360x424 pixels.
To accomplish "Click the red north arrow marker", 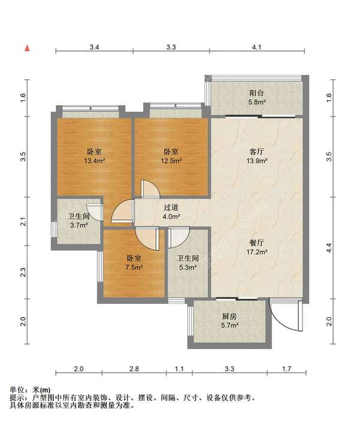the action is pyautogui.click(x=27, y=49).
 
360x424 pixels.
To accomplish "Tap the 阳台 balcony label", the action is pyautogui.click(x=256, y=93).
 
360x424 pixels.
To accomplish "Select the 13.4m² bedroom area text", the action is pyautogui.click(x=95, y=161).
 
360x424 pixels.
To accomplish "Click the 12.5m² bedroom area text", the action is pyautogui.click(x=171, y=161).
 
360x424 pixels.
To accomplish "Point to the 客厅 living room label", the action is pyautogui.click(x=257, y=151).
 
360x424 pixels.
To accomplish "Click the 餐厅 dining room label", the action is pyautogui.click(x=257, y=243).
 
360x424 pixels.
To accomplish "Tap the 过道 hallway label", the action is pyautogui.click(x=171, y=207).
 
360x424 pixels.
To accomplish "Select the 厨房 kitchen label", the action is pyautogui.click(x=230, y=316).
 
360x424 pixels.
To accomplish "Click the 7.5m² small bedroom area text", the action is pyautogui.click(x=134, y=267).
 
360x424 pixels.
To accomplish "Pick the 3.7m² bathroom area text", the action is pyautogui.click(x=79, y=225).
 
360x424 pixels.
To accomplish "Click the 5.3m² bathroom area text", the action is pyautogui.click(x=188, y=267).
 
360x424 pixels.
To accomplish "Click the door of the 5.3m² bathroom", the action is pyautogui.click(x=179, y=238).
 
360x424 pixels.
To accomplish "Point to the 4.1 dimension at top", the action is pyautogui.click(x=257, y=47).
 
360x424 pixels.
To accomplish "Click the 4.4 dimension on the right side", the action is pyautogui.click(x=329, y=247).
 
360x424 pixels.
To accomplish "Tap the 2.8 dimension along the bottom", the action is pyautogui.click(x=134, y=369).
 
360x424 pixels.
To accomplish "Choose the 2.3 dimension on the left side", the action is pyautogui.click(x=23, y=272).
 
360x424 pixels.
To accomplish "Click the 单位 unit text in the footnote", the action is pyautogui.click(x=17, y=390).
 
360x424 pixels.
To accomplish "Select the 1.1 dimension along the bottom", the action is pyautogui.click(x=179, y=369).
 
